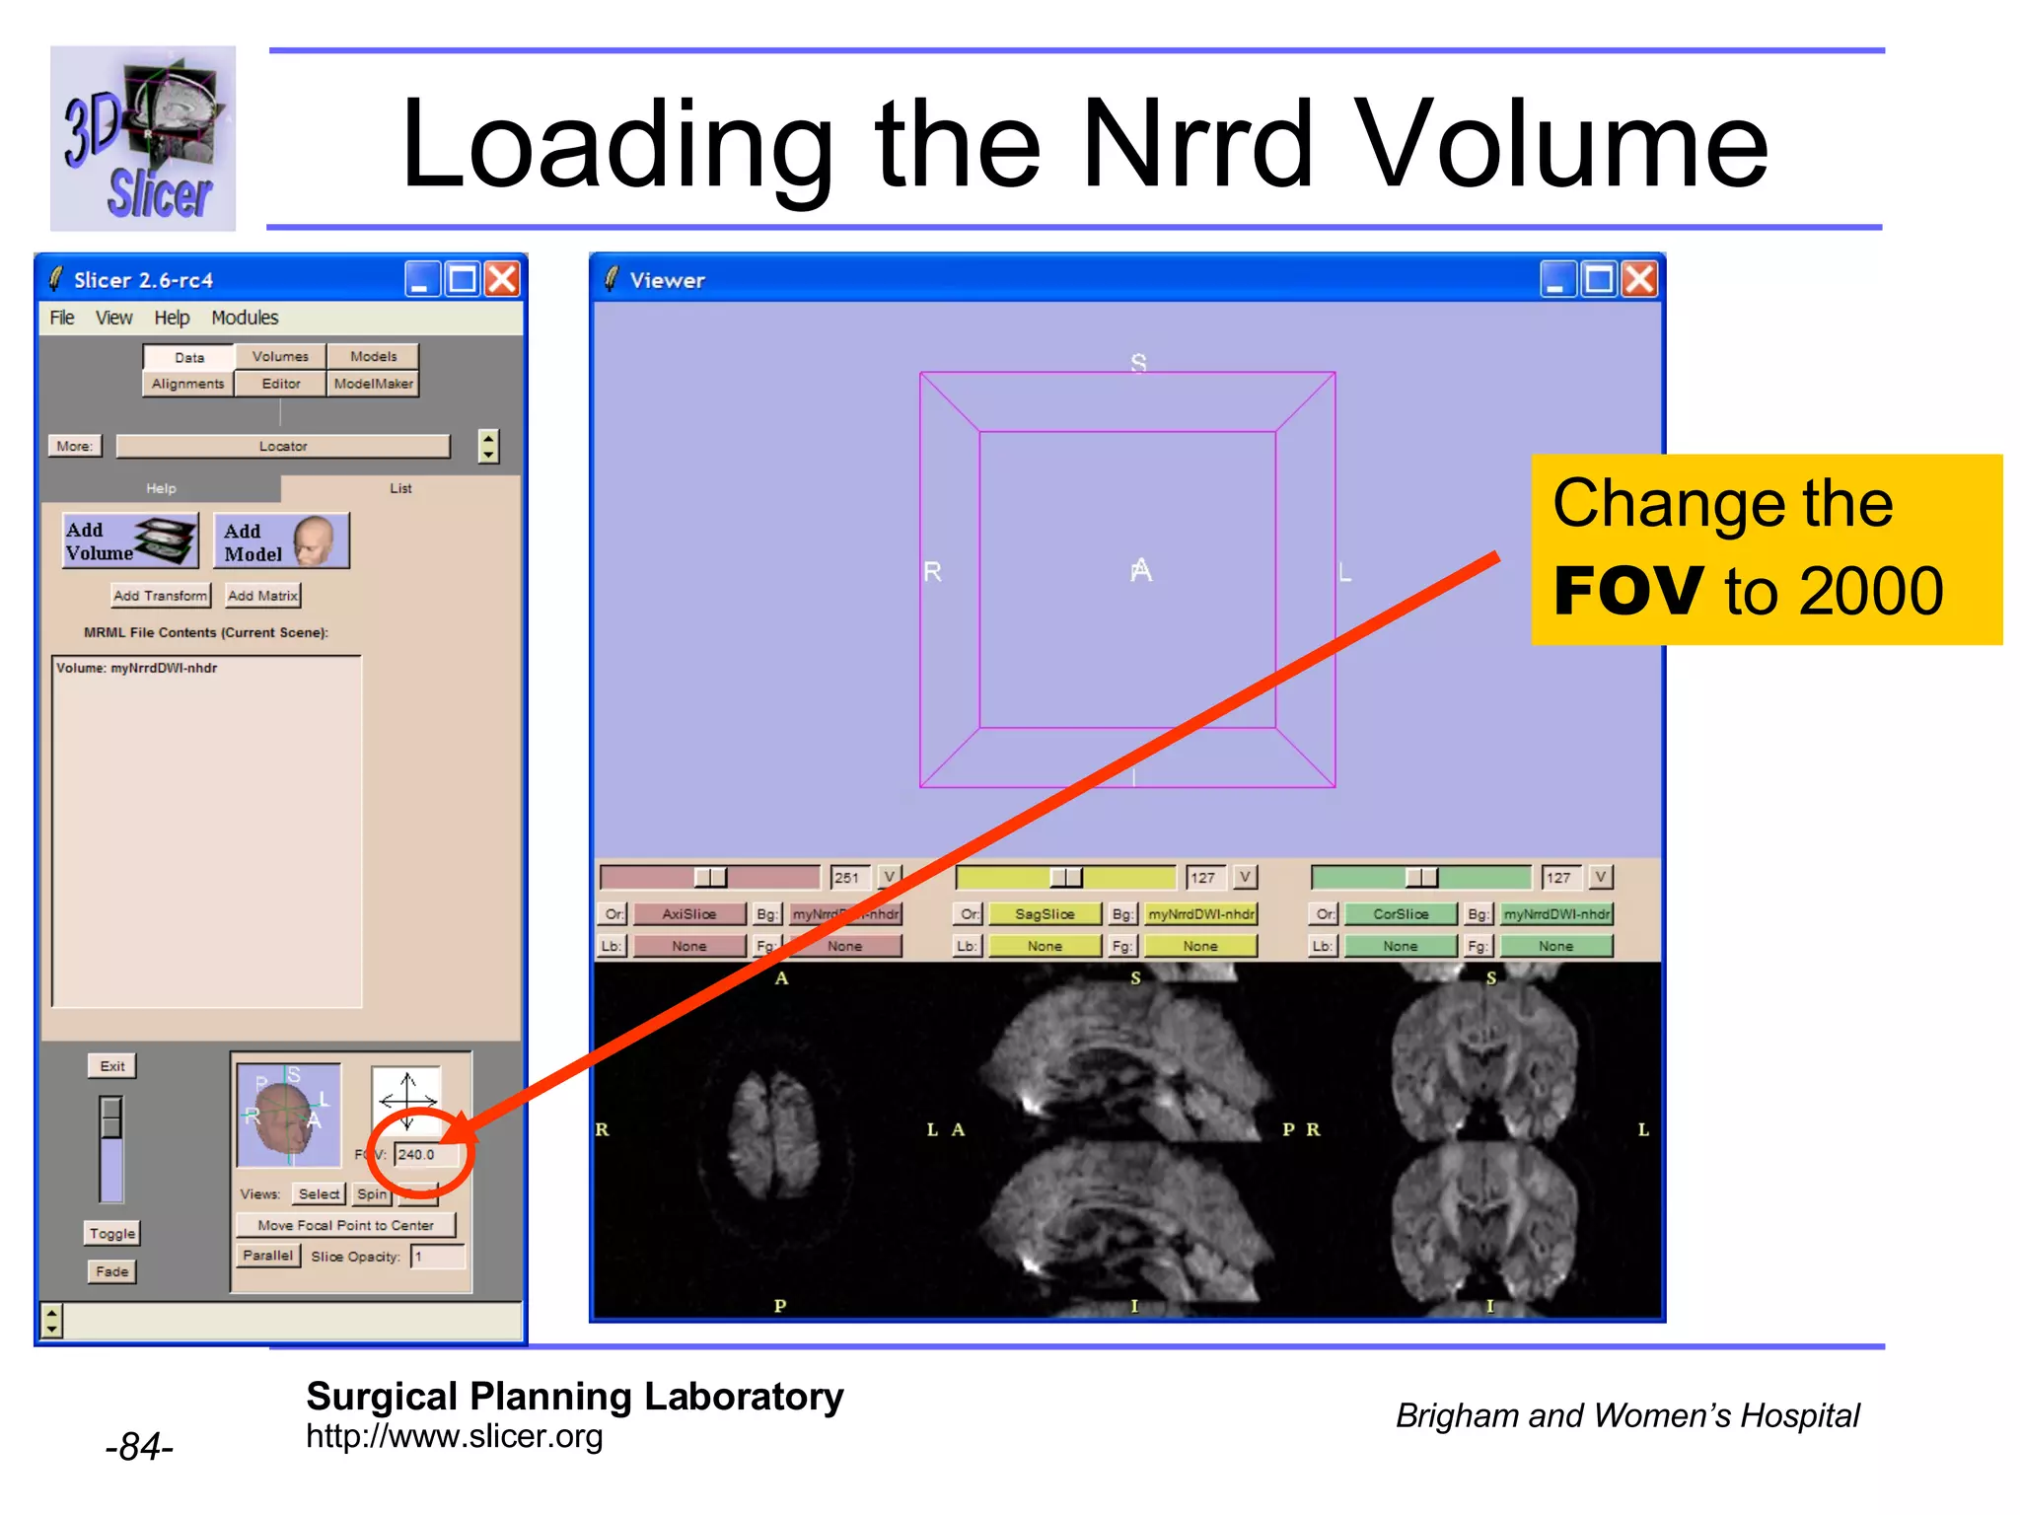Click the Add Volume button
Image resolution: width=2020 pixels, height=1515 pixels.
[x=130, y=541]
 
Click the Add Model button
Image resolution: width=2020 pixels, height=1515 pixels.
[x=281, y=541]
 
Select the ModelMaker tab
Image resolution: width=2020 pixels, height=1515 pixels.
[x=373, y=384]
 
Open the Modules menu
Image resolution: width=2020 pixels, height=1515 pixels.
[x=245, y=318]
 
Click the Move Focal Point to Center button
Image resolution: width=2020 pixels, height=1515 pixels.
[x=345, y=1225]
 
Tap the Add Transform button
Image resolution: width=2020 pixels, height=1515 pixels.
[x=160, y=596]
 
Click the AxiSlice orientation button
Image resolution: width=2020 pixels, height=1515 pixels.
[x=688, y=914]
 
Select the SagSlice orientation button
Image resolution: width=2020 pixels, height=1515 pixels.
[x=1045, y=914]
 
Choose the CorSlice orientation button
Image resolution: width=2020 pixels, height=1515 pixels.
[x=1401, y=914]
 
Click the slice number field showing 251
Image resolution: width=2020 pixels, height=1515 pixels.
[x=849, y=877]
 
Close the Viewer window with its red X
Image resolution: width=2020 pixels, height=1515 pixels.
[x=1639, y=280]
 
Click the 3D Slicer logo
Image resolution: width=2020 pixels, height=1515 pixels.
[x=143, y=139]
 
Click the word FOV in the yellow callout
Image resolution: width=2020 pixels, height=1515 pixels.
[x=1627, y=591]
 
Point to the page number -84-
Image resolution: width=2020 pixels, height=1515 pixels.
[x=139, y=1447]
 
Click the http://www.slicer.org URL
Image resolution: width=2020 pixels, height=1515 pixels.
[x=454, y=1436]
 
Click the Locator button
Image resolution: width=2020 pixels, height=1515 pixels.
[x=283, y=447]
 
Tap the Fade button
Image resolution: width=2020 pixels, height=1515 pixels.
[x=111, y=1271]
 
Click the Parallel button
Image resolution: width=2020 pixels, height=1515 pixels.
[x=267, y=1256]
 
